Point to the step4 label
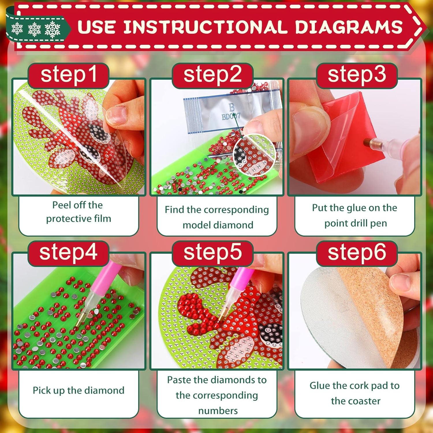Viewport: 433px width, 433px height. [68, 253]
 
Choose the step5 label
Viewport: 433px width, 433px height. [212, 253]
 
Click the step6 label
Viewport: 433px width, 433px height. [357, 253]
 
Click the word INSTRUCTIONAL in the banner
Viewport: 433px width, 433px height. [206, 27]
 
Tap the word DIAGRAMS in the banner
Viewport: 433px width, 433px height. [349, 27]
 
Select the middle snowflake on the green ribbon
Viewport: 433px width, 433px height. [34, 29]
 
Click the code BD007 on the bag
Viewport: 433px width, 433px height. [231, 117]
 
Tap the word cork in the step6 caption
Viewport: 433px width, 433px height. [361, 386]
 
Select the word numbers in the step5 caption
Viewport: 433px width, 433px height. [218, 411]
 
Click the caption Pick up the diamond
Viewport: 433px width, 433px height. [79, 390]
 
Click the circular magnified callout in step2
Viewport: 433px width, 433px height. [254, 154]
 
